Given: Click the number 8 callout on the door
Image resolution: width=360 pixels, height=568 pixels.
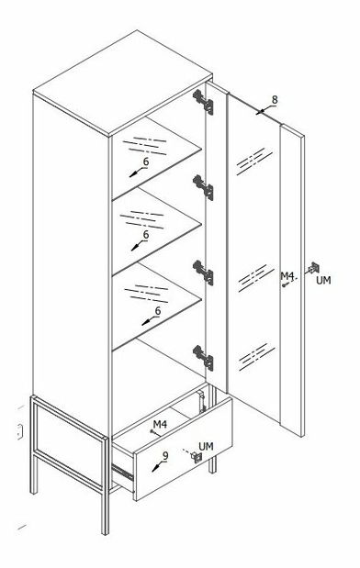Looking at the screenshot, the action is point(275,100).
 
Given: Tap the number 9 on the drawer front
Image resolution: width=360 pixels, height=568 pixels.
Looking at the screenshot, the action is point(165,456).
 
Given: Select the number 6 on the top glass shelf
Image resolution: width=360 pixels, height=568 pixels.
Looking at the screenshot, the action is point(146,161).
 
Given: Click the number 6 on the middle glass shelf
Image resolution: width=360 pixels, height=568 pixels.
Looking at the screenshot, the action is point(146,235).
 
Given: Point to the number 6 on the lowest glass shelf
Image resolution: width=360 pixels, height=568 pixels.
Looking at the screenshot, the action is point(158,311).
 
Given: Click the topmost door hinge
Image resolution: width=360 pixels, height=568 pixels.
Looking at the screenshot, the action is point(203,102).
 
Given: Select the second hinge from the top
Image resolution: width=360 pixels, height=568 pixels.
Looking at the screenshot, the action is point(203,187).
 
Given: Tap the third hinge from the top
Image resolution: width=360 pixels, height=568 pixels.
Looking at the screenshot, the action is point(203,273).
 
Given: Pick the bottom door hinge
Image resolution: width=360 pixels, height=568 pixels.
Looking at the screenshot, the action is point(203,358).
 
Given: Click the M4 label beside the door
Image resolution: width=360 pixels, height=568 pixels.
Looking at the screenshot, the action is point(287,276).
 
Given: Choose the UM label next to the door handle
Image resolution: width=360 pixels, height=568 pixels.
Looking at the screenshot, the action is point(323,280).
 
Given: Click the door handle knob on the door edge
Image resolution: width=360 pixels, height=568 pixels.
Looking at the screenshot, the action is point(313,269).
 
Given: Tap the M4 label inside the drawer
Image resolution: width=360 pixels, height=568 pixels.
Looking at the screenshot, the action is point(160,424).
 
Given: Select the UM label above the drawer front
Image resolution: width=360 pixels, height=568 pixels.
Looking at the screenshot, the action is point(206,446).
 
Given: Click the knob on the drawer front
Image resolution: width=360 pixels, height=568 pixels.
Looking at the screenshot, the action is point(197,457).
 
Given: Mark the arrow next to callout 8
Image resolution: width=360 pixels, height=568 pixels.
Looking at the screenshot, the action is point(263,110).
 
